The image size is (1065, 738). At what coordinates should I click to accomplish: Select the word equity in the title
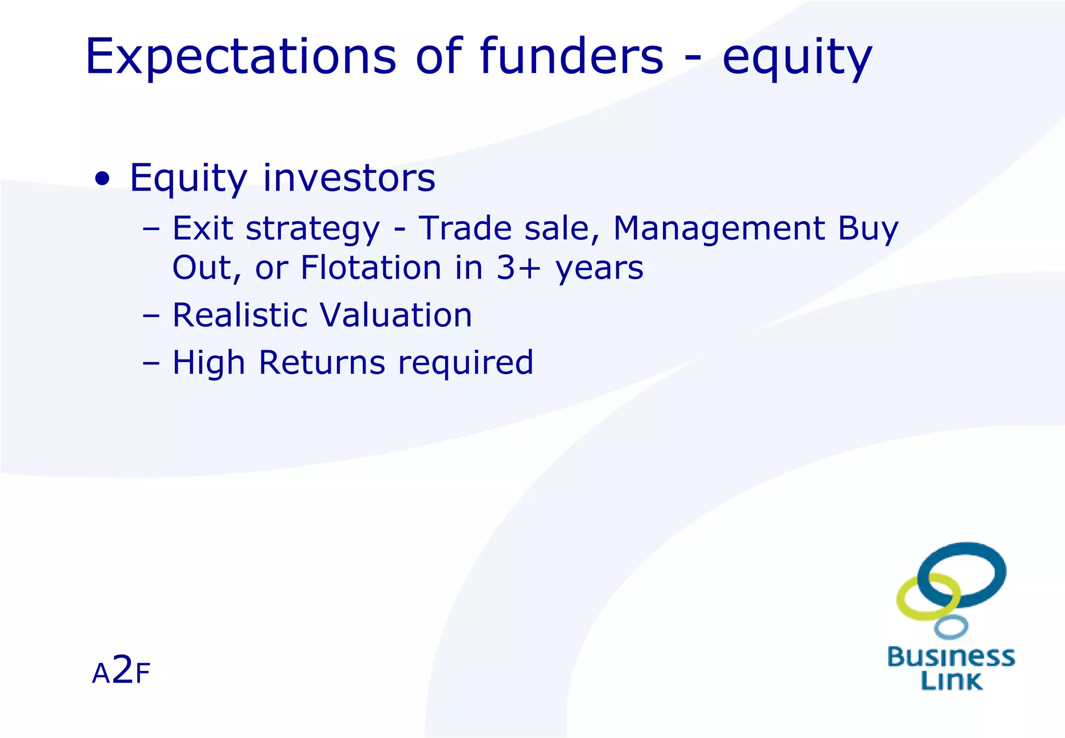point(797,58)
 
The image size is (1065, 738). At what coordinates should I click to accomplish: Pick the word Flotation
point(371,268)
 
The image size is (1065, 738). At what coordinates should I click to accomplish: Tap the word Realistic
point(240,315)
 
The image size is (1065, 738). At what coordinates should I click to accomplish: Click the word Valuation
point(396,315)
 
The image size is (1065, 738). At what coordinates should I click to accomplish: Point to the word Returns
point(322,362)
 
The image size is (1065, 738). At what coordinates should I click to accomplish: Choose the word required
point(465,363)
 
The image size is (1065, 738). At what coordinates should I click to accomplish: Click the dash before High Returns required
point(151,363)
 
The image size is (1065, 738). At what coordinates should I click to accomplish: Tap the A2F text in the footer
point(121,671)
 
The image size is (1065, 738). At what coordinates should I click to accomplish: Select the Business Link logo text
point(951,669)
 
